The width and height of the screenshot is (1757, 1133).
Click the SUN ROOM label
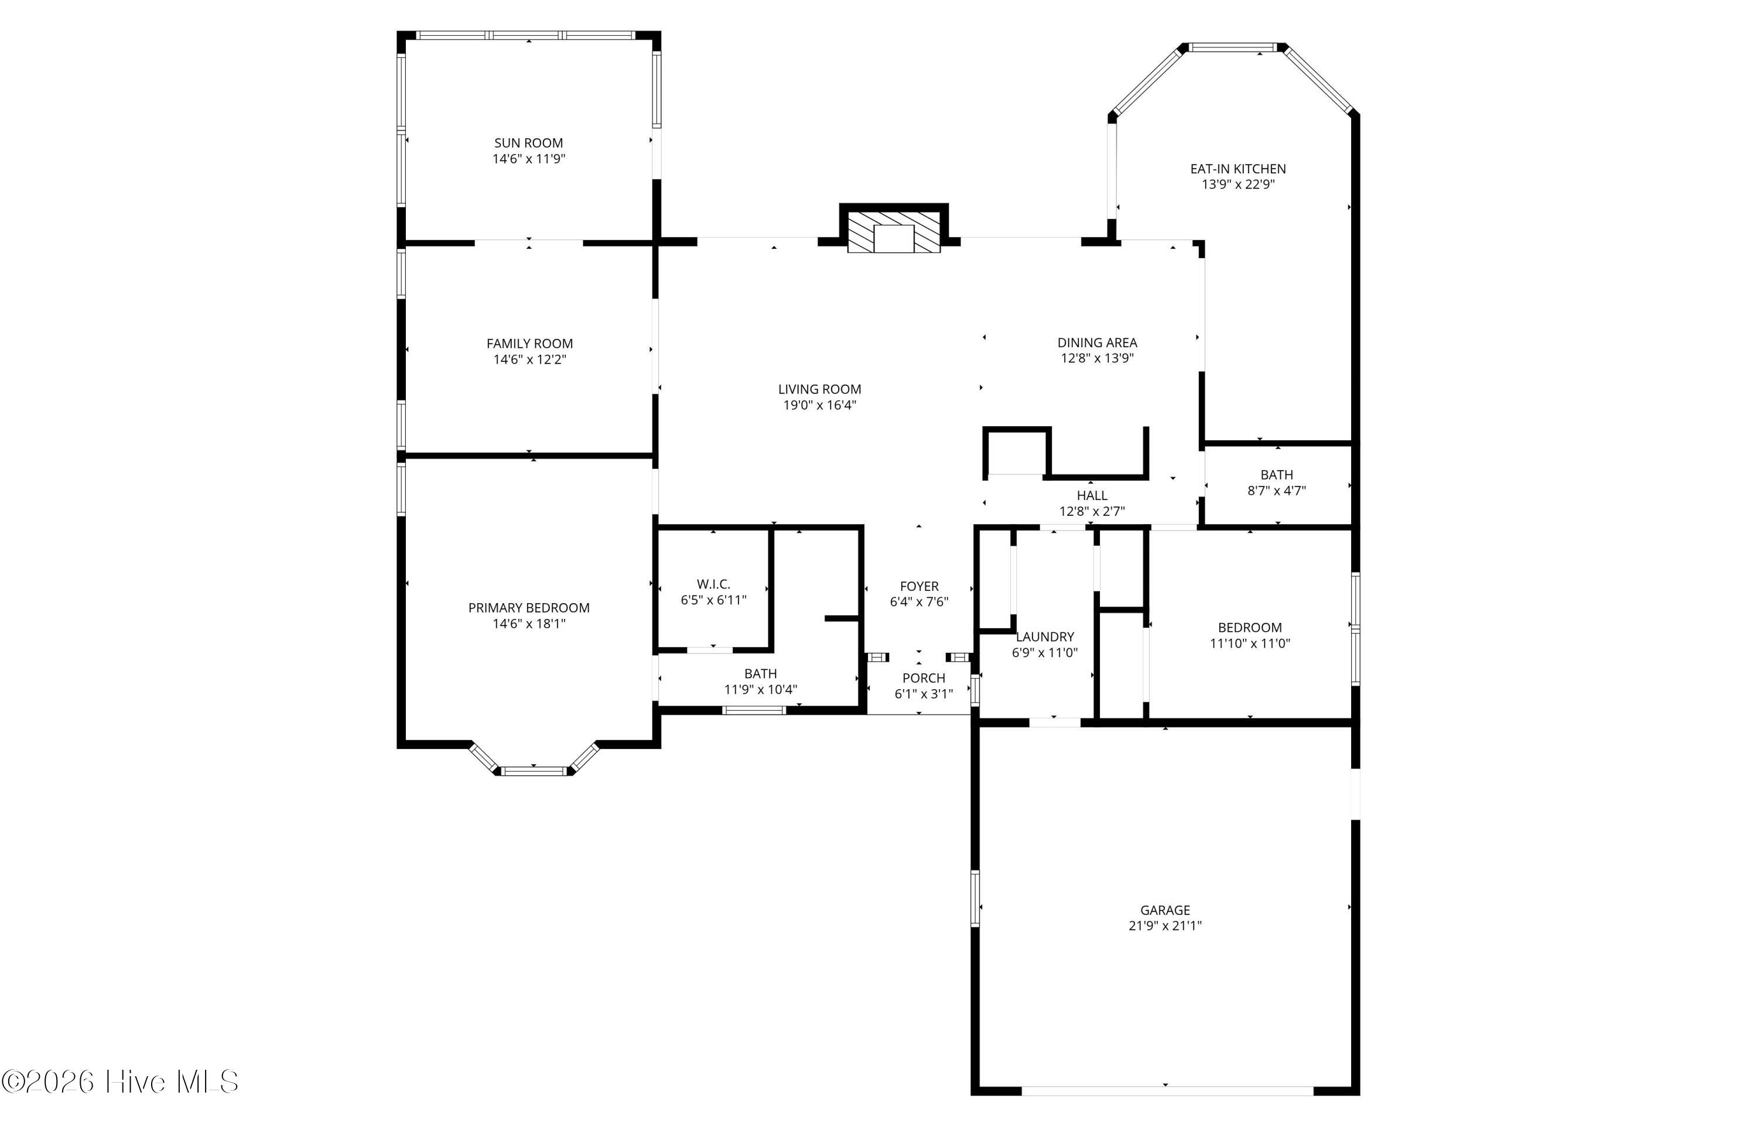[528, 143]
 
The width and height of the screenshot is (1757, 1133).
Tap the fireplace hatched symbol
[893, 232]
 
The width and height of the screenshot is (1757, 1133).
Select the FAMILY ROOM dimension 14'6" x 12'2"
[530, 360]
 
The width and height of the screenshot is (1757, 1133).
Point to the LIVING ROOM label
[819, 389]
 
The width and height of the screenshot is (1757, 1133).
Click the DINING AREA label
[1097, 342]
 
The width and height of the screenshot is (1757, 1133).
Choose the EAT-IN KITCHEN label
[1238, 169]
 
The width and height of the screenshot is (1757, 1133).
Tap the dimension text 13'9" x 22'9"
[1238, 184]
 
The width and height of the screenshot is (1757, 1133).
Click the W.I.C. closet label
[714, 584]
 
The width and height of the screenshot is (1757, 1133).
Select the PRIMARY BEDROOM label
[529, 608]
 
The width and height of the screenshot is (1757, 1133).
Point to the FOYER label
[919, 586]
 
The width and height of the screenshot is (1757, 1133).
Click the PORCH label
[924, 677]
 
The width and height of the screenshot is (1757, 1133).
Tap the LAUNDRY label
[1045, 636]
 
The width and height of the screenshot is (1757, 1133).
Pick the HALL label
[1092, 495]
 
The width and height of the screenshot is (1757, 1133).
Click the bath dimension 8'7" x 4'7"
[1277, 491]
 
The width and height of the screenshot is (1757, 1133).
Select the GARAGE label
[1165, 910]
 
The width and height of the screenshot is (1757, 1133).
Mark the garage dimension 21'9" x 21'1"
[1165, 926]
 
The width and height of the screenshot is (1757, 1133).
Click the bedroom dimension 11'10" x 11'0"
[1250, 643]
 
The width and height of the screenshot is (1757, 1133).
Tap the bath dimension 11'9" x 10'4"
[761, 689]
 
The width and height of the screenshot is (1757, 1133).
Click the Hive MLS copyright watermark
[121, 1081]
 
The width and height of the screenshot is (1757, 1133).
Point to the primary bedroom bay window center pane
[534, 771]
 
